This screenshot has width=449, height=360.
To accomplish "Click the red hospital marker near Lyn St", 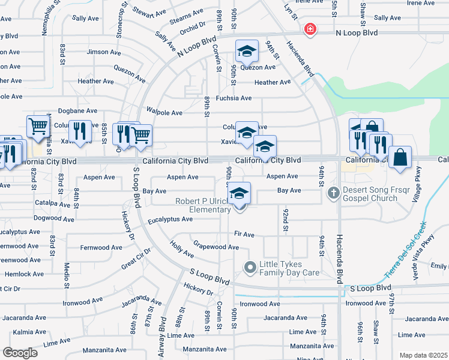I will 310,29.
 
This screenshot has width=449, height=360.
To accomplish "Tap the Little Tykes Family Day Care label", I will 289,269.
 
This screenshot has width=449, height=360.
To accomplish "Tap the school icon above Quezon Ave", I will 247,52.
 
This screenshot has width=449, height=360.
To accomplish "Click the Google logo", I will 20,353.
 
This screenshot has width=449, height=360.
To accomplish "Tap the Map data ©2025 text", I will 423,355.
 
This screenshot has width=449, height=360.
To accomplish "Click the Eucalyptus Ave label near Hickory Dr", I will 170,219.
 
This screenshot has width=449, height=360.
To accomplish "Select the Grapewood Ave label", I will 216,247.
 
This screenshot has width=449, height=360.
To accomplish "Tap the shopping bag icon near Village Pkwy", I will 400,157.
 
